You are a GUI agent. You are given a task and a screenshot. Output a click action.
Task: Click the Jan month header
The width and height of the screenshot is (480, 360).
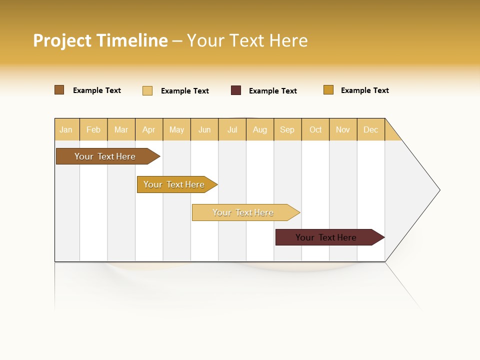66,129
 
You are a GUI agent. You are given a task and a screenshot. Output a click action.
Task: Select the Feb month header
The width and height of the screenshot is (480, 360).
93,129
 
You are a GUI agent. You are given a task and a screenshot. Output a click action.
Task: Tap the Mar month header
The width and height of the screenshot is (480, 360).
121,129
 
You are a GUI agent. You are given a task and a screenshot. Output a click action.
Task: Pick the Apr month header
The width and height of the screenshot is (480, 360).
149,129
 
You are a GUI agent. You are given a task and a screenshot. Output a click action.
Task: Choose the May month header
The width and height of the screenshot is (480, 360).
176,129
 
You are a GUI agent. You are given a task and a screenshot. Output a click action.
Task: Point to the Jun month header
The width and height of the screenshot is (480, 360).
204,129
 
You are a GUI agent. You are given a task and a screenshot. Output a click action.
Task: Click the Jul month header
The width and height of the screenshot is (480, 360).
232,129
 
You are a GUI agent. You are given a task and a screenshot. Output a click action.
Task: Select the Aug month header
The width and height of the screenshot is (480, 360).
260,129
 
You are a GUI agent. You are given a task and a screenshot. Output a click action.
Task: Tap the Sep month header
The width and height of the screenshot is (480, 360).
287,129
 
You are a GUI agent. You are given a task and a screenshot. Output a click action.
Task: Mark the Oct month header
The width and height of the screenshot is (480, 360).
315,129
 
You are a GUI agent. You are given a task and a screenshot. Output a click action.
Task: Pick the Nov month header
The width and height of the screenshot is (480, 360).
343,129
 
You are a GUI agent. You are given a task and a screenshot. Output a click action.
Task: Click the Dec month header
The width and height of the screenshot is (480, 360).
371,129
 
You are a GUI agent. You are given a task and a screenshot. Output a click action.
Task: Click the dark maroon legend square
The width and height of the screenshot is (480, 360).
236,90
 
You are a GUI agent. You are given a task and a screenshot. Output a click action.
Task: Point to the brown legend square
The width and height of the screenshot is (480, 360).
59,90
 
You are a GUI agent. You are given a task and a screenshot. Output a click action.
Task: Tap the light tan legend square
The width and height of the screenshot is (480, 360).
147,90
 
